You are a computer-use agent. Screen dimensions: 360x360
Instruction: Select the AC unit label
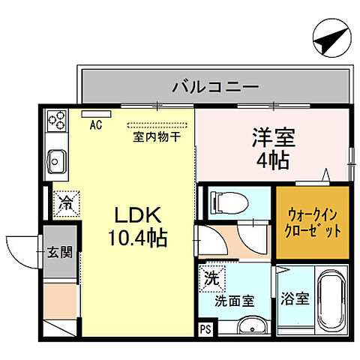pyautogui.click(x=96, y=124)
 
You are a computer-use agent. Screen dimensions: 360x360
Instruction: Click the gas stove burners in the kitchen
pyautogui.click(x=56, y=119)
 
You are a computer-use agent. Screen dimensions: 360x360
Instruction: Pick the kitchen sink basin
pyautogui.click(x=56, y=159)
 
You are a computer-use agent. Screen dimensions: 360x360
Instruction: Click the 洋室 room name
pyautogui.click(x=272, y=138)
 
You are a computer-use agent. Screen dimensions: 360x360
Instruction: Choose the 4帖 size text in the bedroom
pyautogui.click(x=272, y=160)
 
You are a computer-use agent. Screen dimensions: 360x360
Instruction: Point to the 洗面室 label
pyautogui.click(x=234, y=301)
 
